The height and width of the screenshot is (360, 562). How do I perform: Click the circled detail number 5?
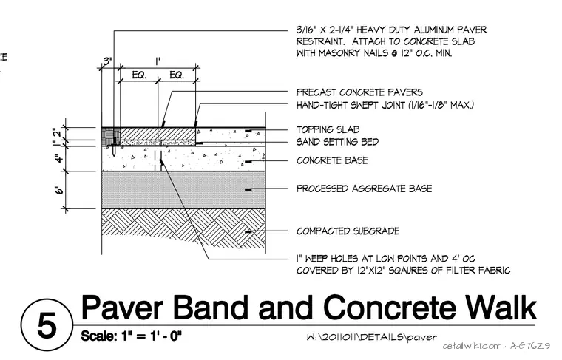tap(47, 325)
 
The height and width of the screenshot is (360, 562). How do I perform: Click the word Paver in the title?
tap(122, 308)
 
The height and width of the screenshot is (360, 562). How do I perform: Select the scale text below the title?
tap(131, 336)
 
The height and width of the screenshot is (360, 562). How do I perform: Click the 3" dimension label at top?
tap(107, 61)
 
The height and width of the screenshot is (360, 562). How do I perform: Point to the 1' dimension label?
tap(158, 61)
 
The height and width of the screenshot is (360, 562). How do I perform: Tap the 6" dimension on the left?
tap(59, 189)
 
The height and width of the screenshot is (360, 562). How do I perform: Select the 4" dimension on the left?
tap(59, 158)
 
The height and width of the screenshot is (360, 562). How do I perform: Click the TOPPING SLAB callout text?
tap(328, 129)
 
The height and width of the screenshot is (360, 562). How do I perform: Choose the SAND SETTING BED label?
tap(337, 142)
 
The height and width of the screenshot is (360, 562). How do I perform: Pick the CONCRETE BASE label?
tap(332, 160)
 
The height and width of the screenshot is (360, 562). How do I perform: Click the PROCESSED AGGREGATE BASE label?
tap(364, 189)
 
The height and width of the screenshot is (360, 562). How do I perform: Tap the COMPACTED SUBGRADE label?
tap(348, 231)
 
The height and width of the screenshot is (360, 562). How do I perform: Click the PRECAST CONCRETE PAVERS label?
tap(359, 92)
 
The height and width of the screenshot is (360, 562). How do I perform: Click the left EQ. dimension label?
tap(139, 75)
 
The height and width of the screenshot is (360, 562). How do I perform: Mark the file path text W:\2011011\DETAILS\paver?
tap(372, 337)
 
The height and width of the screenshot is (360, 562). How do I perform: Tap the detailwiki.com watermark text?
tap(472, 346)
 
